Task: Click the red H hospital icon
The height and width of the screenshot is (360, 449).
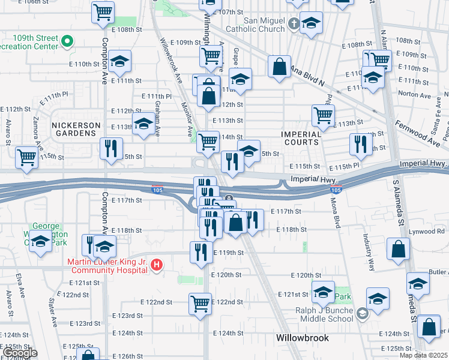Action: [x=157, y=264]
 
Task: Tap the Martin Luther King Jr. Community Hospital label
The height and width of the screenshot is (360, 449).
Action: [x=107, y=266]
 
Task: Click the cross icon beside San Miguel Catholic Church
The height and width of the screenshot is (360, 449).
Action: [x=293, y=25]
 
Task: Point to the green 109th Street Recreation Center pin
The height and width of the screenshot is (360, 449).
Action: [x=67, y=42]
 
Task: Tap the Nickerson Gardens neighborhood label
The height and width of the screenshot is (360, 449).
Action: [x=76, y=125]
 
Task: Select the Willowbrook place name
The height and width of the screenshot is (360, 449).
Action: [x=303, y=338]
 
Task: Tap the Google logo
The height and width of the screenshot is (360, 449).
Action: [x=20, y=353]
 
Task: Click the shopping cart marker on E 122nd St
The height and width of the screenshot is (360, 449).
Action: [x=200, y=303]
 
